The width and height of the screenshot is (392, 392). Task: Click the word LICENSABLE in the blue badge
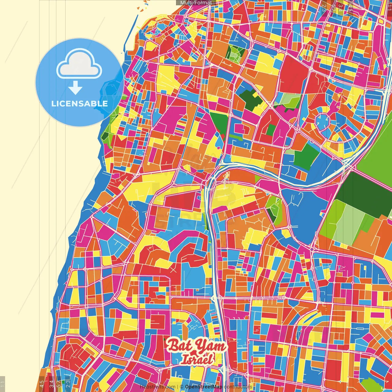79,104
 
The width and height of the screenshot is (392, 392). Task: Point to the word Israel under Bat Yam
197,359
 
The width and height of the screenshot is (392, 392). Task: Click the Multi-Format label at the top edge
196,3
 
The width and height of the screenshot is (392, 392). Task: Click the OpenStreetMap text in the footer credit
203,387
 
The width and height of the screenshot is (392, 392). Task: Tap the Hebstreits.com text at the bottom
157,387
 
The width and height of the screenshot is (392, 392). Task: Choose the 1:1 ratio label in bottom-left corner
3,384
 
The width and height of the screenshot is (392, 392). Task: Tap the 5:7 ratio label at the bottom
59,383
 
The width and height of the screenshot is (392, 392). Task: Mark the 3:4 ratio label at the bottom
51,383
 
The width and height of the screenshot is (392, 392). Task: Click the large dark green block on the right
364,193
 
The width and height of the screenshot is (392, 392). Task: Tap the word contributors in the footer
238,387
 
